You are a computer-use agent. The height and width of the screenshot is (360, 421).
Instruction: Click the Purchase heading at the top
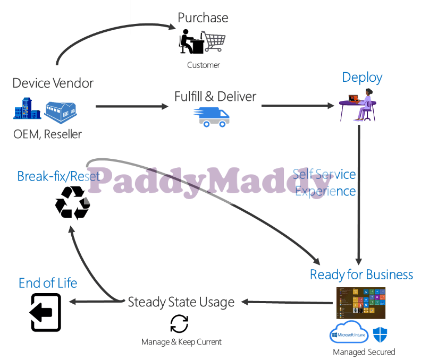coord(203,18)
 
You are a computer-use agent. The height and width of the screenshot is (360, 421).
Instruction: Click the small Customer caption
coord(203,65)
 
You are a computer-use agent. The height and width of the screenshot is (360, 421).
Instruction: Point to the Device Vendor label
coord(53,83)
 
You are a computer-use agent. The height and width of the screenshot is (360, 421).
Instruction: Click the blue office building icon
coord(27,108)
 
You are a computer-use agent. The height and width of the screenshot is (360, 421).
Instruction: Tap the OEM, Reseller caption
coord(48,134)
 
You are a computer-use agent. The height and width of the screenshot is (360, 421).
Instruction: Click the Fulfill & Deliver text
coord(215,97)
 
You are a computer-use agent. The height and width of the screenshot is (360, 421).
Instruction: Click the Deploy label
coord(362,78)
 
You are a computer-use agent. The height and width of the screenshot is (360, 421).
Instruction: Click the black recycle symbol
coord(73,202)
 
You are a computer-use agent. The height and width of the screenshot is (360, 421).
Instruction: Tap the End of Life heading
coord(48,284)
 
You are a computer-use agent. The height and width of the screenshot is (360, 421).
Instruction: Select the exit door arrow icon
coord(46,312)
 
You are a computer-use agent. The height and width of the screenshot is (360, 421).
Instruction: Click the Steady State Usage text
coord(181,302)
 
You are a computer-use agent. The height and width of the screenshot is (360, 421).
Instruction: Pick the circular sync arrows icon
coord(179,324)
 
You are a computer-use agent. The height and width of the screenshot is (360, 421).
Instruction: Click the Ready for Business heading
coord(361,275)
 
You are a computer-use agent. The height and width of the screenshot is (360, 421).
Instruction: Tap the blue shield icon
coord(380,335)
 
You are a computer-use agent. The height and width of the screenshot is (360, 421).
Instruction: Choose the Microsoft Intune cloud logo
coord(349,333)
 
